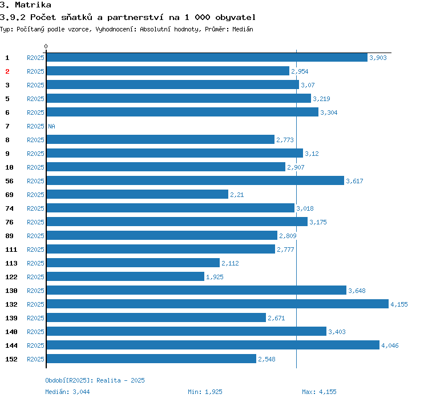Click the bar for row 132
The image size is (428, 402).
[217, 304]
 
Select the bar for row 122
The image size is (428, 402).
[125, 276]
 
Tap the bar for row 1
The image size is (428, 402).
[207, 57]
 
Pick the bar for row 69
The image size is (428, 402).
[137, 194]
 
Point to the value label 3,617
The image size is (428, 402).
[354, 181]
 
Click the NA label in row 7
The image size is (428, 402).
[51, 126]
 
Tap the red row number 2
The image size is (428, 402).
[7, 71]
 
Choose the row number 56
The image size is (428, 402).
[9, 181]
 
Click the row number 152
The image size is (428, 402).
[11, 359]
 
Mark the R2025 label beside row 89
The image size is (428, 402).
[35, 236]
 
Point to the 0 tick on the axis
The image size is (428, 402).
[46, 46]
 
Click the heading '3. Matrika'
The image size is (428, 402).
[26, 5]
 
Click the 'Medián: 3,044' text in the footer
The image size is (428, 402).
[67, 392]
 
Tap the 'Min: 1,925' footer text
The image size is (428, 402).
[205, 392]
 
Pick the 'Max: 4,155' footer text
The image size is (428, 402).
[319, 392]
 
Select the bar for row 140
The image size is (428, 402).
[186, 331]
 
